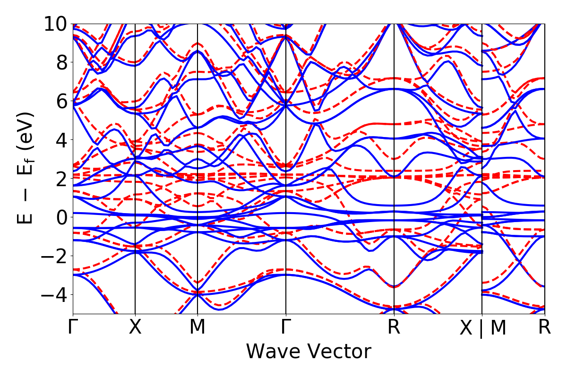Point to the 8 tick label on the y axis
coord(60,62)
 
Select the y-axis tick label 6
coord(60,101)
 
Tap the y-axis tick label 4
coord(60,140)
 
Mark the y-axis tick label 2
coord(60,179)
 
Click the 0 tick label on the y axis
coord(60,217)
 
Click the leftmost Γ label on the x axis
coord(73,327)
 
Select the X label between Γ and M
coord(135,327)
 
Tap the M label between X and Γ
coord(197,327)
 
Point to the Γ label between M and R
coord(285,327)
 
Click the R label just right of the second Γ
coord(394,327)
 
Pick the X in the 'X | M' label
coord(466,328)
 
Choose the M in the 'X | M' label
coord(498,328)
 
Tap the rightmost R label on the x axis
coord(545,327)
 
